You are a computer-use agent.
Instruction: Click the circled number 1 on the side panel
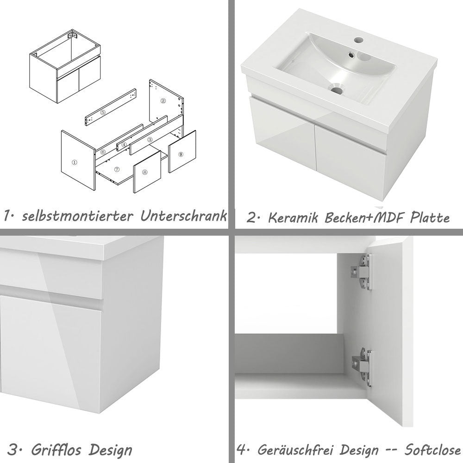(74, 163)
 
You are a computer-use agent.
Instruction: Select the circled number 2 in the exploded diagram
(163, 100)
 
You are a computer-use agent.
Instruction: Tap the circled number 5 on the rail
(103, 113)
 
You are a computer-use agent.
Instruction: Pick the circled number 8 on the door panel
(145, 172)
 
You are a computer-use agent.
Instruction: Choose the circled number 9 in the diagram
(181, 154)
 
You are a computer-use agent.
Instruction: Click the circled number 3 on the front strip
(150, 139)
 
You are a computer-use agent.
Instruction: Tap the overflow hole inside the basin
(351, 55)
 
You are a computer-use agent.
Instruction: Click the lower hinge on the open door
(362, 366)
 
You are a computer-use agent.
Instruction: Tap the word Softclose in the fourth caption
(432, 450)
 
